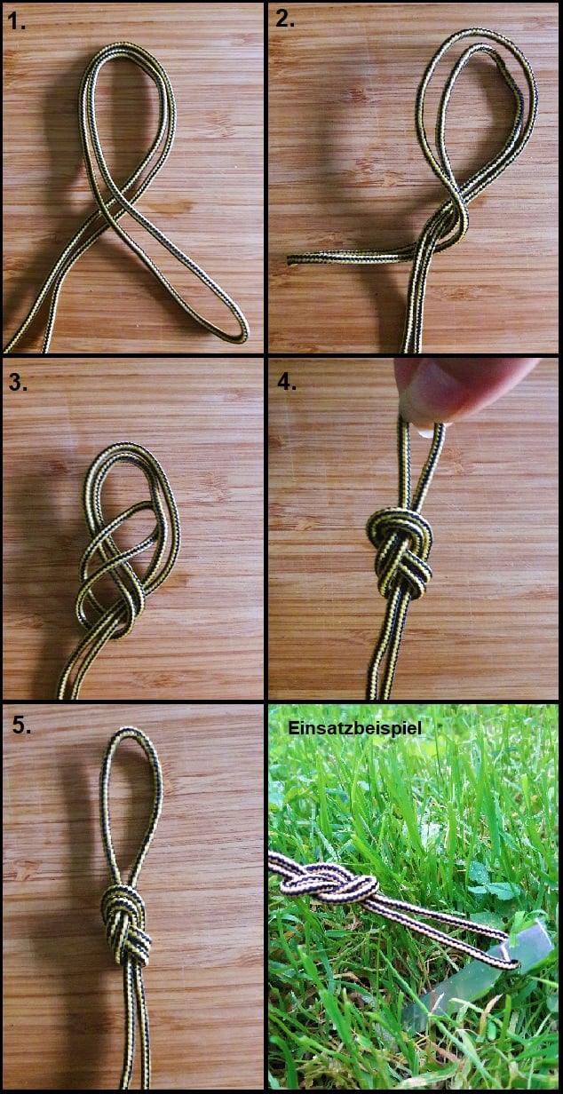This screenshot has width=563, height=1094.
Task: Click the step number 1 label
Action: pyautogui.click(x=17, y=22)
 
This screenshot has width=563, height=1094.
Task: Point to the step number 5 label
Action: pyautogui.click(x=22, y=725)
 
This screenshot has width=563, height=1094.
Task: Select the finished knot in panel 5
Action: pyautogui.click(x=124, y=924)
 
